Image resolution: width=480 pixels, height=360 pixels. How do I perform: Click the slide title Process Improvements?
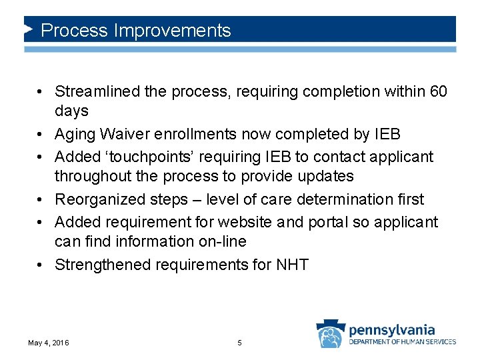click(x=135, y=31)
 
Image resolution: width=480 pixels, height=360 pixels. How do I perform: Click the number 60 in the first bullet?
click(x=438, y=91)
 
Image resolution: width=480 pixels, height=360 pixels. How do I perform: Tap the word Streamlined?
click(x=97, y=91)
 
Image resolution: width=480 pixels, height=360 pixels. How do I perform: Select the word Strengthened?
click(x=103, y=265)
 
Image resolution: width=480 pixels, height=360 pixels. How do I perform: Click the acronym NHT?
click(x=291, y=265)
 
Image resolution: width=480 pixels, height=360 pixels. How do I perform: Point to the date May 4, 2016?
click(x=48, y=343)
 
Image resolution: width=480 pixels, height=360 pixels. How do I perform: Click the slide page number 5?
click(x=240, y=343)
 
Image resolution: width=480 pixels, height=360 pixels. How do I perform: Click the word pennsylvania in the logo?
click(x=392, y=329)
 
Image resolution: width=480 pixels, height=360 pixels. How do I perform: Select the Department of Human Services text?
click(x=403, y=342)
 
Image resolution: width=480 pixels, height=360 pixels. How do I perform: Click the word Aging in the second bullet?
click(x=75, y=135)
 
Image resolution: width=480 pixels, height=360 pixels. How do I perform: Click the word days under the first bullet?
click(x=71, y=110)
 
